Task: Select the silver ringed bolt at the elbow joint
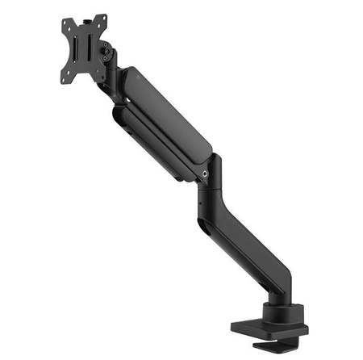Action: click(x=208, y=173)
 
